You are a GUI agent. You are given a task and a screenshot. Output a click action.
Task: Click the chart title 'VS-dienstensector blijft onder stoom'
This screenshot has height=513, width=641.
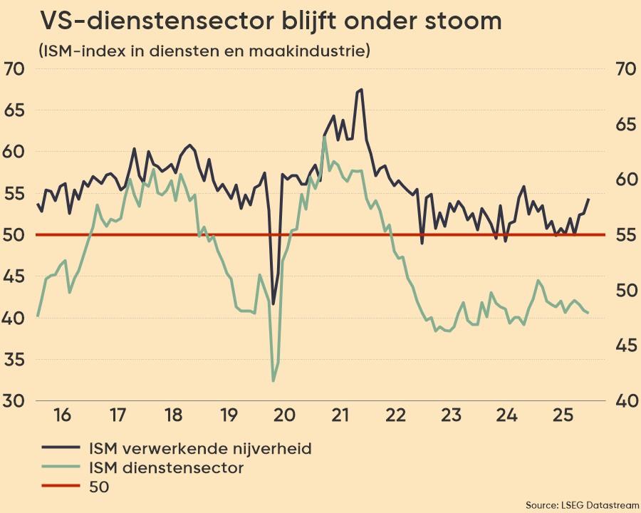point(271,21)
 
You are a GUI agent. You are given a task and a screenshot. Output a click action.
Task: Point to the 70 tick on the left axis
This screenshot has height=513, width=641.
point(14,69)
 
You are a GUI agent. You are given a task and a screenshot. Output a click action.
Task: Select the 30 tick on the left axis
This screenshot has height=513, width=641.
point(14,400)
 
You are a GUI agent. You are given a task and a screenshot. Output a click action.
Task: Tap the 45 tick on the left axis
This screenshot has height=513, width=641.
point(14,276)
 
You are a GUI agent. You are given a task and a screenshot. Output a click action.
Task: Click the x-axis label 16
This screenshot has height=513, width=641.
point(62,415)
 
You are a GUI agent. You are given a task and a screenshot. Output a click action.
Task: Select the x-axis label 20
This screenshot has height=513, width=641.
point(283,415)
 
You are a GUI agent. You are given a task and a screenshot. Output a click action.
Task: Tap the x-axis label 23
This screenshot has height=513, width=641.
point(451,415)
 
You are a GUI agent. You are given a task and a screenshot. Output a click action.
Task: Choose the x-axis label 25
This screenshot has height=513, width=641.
point(562,415)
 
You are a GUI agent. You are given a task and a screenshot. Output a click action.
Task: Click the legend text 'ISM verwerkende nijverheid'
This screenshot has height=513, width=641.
point(200,448)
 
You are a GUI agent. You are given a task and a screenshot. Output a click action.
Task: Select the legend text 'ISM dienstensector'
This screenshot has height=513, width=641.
point(166,468)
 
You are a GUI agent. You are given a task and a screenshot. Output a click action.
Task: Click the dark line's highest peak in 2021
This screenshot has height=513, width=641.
point(362,90)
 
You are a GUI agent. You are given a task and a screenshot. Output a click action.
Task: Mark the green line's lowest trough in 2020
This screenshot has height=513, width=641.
point(273,380)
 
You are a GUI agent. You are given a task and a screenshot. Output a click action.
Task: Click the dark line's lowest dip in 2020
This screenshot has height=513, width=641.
point(273,304)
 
